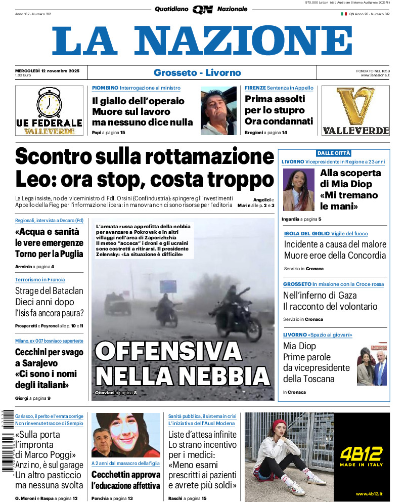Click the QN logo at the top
[x=202, y=9]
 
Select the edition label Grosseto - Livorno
[x=197, y=72]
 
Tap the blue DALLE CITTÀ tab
[x=333, y=153]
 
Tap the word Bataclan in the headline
[x=63, y=291]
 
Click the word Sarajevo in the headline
[x=36, y=363]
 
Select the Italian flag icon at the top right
[x=344, y=14]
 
